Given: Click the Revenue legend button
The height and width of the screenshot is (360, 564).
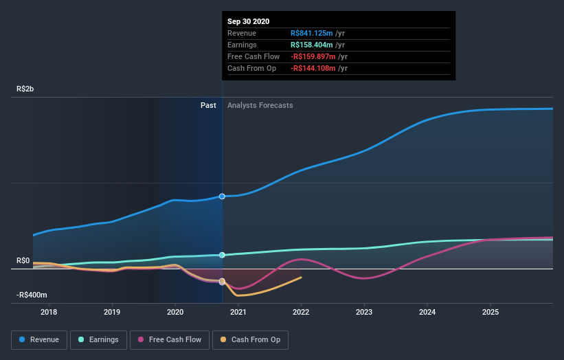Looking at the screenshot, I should (x=39, y=339).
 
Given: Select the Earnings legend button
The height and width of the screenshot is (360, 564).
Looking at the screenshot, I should (x=98, y=339).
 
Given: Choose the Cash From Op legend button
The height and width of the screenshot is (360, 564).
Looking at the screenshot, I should (x=251, y=339).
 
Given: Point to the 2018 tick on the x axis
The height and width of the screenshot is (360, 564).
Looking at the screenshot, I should (x=49, y=312).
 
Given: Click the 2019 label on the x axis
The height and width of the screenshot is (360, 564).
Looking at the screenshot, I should (x=112, y=312).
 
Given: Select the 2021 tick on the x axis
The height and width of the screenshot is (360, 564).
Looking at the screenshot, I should (x=238, y=312).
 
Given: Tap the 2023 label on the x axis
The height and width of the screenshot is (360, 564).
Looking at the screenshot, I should (x=364, y=312).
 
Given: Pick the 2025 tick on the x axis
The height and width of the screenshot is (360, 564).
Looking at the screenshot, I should (x=490, y=312).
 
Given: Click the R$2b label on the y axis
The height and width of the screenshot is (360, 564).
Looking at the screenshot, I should (x=26, y=89).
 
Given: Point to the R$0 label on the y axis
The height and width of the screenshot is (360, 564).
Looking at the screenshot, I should (x=23, y=260).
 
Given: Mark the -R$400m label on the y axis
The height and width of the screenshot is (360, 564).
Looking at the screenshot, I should (x=32, y=295).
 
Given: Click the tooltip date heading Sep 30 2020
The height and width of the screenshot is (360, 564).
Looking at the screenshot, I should (x=249, y=21).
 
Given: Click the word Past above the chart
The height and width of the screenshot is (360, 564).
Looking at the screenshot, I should (x=208, y=105).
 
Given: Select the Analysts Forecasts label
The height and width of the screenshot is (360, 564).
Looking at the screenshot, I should (x=260, y=105).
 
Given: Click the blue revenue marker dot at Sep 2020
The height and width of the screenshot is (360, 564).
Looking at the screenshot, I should (x=222, y=196).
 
